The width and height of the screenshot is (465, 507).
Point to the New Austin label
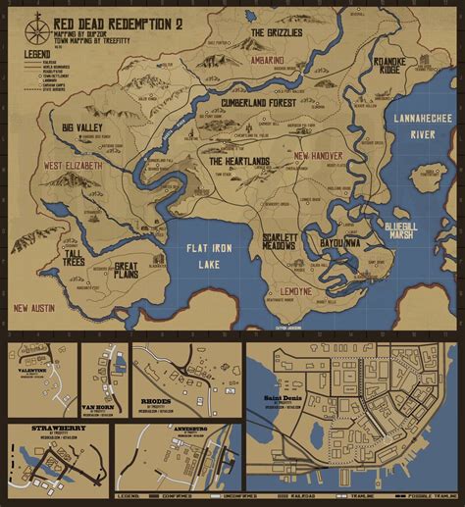tap(34, 308)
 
